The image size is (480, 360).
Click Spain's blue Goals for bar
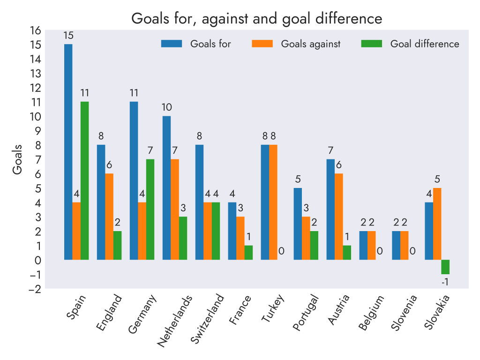(x=68, y=152)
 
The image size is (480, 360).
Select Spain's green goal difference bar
(x=84, y=180)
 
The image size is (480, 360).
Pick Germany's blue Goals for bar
(x=134, y=180)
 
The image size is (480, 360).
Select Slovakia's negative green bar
(x=445, y=267)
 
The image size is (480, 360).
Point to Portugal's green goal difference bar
(x=314, y=246)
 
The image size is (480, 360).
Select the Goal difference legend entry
(x=411, y=44)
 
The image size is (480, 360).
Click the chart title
(x=257, y=19)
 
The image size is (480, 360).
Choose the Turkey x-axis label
(x=273, y=309)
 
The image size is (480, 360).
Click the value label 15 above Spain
(x=68, y=35)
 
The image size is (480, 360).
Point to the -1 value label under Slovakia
(x=445, y=282)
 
